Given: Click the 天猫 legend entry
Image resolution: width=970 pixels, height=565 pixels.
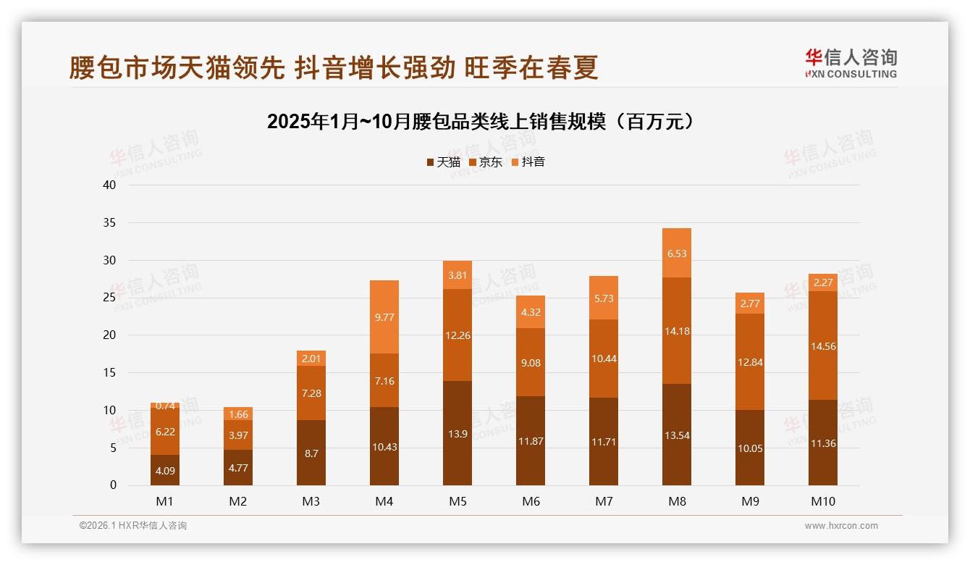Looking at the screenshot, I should tap(443, 162).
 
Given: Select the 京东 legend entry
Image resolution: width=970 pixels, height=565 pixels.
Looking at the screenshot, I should tap(486, 162).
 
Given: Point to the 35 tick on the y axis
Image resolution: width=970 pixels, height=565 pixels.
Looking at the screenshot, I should tap(109, 222).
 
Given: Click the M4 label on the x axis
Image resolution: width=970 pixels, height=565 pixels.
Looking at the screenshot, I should tap(384, 501).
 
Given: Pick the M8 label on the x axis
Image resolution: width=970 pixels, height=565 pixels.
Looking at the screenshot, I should tap(677, 501).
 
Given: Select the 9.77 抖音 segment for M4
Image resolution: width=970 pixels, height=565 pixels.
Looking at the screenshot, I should tap(384, 317).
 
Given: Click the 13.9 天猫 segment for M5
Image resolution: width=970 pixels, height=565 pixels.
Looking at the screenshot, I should tap(457, 432).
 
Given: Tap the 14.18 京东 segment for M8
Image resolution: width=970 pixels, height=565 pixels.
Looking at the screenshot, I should tap(677, 330).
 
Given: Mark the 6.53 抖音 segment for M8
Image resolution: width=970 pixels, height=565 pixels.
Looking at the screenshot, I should tap(677, 253).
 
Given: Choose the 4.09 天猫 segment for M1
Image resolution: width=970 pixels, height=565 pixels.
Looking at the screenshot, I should tap(165, 470).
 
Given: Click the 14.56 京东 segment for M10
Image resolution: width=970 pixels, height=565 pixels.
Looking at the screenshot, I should tap(823, 346).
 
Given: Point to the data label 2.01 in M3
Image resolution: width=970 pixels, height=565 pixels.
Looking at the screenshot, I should tap(311, 359).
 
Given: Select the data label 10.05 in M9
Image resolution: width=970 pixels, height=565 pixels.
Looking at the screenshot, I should tap(750, 448).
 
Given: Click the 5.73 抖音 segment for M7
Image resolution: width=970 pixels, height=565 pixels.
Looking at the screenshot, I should tap(604, 298).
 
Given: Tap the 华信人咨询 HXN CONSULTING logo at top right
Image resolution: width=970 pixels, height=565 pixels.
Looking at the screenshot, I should tap(851, 64).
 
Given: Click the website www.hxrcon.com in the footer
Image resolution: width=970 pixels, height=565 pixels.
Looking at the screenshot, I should tap(841, 526).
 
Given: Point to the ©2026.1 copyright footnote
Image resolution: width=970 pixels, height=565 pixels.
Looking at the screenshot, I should tap(133, 526).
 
